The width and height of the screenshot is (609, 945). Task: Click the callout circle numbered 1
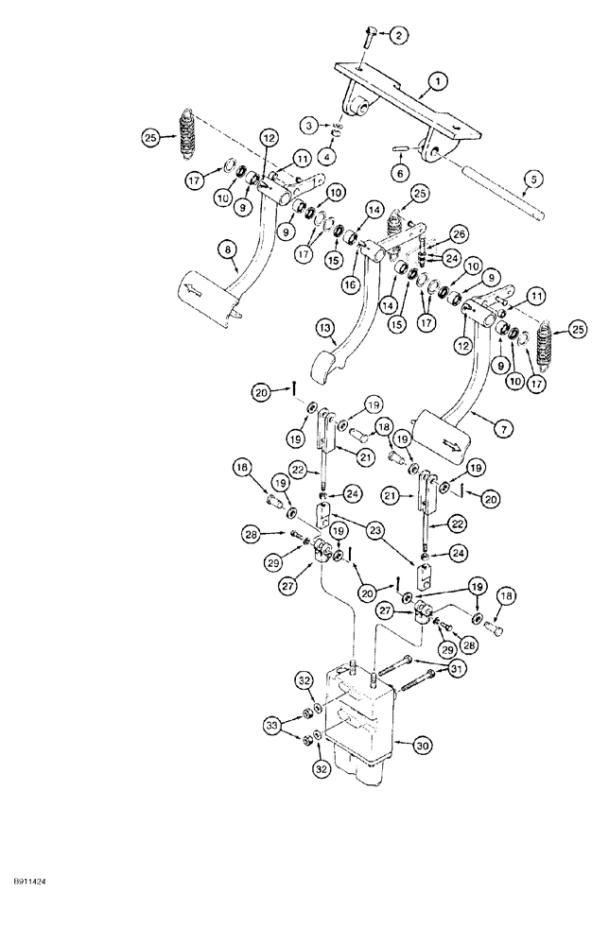[x=439, y=84]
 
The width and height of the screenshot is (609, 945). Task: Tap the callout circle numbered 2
[x=400, y=36]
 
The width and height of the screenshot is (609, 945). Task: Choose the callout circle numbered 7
[x=505, y=429]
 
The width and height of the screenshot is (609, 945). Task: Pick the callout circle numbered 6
[x=401, y=175]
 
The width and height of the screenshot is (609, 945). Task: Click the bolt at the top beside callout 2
[x=369, y=37]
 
